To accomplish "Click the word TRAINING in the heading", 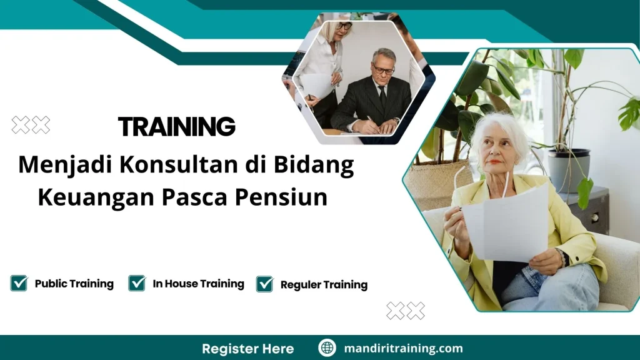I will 177,126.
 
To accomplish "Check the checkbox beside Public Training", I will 19,283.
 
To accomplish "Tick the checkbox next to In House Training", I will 137,283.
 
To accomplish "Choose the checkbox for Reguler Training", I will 265,284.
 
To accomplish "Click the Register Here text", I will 247,348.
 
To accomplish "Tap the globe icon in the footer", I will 327,348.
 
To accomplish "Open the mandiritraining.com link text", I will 404,348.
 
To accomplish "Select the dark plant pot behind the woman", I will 568,169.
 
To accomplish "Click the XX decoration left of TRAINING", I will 31,125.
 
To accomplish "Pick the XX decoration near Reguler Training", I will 405,311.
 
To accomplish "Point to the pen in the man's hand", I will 370,120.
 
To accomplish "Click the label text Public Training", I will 74,284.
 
